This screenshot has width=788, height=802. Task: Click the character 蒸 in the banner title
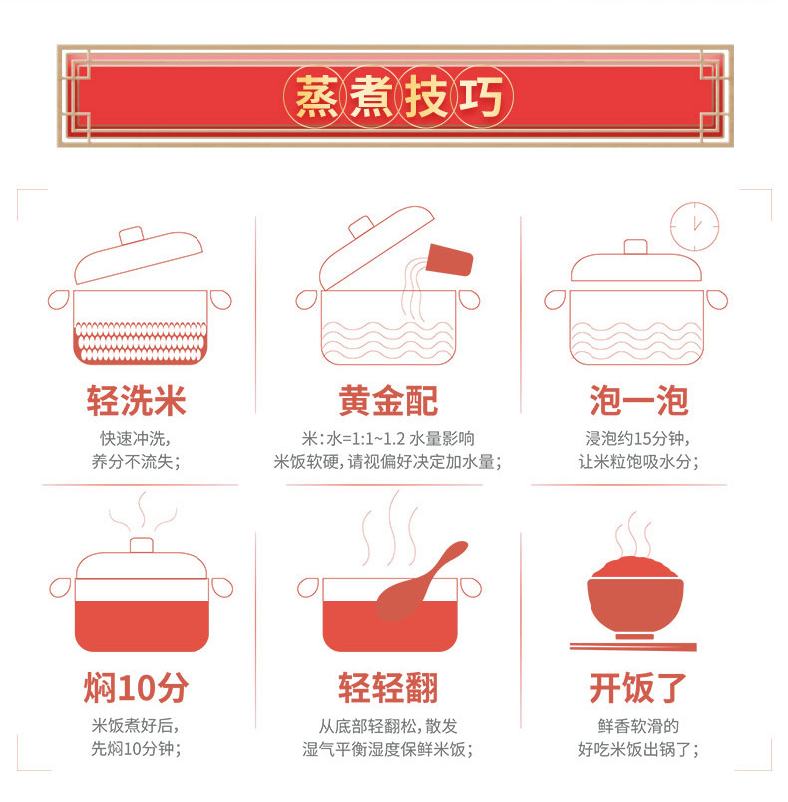pyautogui.click(x=316, y=96)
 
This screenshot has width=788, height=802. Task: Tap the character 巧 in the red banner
pyautogui.click(x=480, y=96)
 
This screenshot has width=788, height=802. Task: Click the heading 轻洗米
pyautogui.click(x=136, y=401)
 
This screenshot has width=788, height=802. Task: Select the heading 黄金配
pyautogui.click(x=388, y=401)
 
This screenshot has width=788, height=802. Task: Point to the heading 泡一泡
pyautogui.click(x=638, y=401)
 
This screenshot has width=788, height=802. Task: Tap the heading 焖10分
pyautogui.click(x=136, y=688)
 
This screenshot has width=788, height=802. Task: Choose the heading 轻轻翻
pyautogui.click(x=388, y=688)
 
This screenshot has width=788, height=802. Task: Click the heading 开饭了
pyautogui.click(x=637, y=688)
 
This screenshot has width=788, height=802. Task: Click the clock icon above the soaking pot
pyautogui.click(x=695, y=227)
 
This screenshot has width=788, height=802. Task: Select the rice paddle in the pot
pyautogui.click(x=420, y=581)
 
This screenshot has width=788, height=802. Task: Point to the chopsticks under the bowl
pyautogui.click(x=633, y=647)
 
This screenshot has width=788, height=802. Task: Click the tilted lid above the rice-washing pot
pyautogui.click(x=139, y=255)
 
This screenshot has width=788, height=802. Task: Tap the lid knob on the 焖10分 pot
pyautogui.click(x=141, y=545)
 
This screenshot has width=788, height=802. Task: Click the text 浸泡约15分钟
pyautogui.click(x=635, y=438)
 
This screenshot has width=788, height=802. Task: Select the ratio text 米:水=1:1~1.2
pyautogui.click(x=353, y=438)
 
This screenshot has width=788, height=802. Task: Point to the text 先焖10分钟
pyautogui.click(x=133, y=749)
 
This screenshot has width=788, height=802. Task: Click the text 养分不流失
pyautogui.click(x=133, y=462)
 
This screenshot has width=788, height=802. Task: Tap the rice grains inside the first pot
pyautogui.click(x=141, y=342)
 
